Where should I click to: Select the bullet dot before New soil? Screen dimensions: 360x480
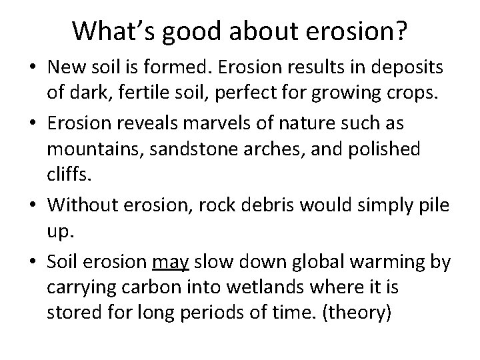coord(35,67)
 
